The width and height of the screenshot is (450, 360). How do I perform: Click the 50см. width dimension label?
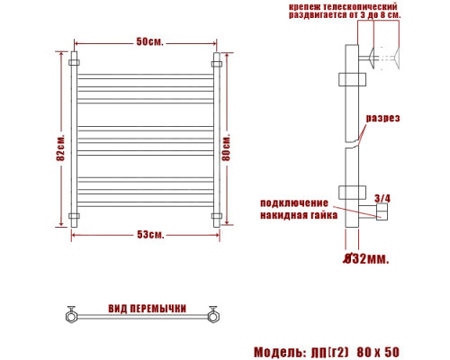point(150,41)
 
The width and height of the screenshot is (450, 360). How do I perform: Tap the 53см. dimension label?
point(150,234)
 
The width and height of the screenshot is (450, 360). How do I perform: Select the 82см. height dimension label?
point(61,147)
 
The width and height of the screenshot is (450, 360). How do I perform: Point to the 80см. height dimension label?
point(227,147)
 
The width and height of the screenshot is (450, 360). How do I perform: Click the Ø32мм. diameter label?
point(366,258)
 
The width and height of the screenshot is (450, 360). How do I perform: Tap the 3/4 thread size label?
point(382,198)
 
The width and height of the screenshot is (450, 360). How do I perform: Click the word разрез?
point(383,118)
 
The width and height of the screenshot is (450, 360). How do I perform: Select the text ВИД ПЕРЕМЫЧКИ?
point(148,309)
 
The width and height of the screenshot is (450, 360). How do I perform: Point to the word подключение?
point(294,203)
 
